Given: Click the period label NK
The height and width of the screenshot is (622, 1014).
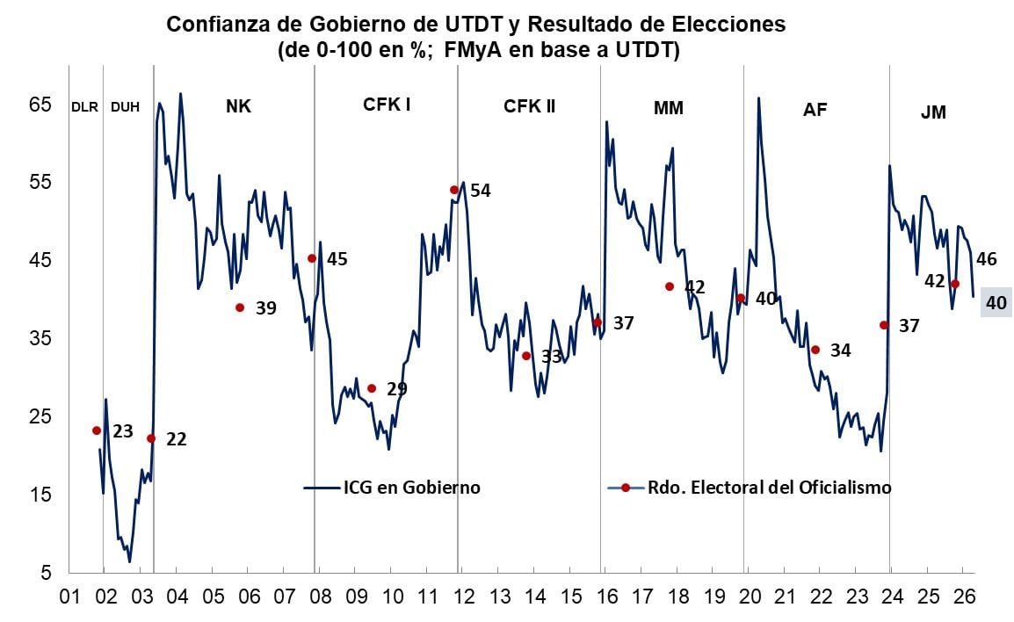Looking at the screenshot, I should point(238,106).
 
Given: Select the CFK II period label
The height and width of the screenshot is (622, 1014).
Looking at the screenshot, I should point(529,106).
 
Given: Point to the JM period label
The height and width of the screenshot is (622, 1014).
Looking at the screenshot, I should point(933,112).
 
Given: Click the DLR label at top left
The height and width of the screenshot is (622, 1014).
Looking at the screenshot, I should point(83,107).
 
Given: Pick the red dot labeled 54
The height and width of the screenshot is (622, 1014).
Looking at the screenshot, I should point(454,190).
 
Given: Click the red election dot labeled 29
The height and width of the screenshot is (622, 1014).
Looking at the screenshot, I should point(372,388).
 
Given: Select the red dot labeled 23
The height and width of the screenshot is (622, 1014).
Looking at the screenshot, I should point(97,430).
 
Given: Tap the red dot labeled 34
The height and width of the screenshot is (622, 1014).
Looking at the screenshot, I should point(815,350).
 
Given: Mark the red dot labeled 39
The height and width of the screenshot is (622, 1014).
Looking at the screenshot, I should point(240,307).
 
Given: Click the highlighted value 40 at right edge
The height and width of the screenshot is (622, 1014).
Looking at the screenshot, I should point(996,302).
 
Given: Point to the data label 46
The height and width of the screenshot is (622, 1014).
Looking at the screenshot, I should point(987,259).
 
